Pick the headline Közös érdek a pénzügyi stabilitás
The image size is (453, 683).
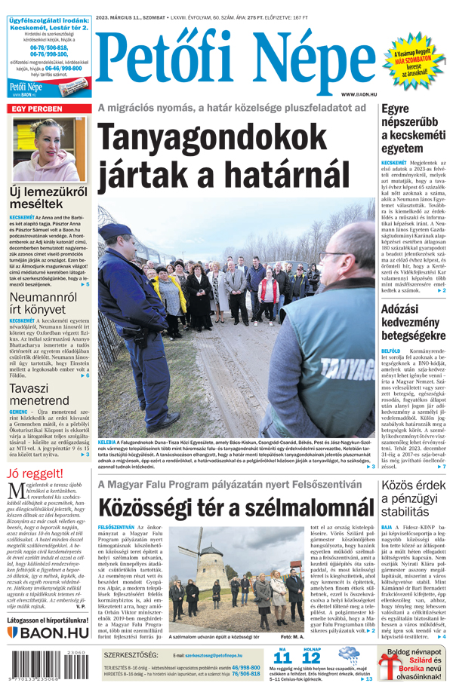412,498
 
